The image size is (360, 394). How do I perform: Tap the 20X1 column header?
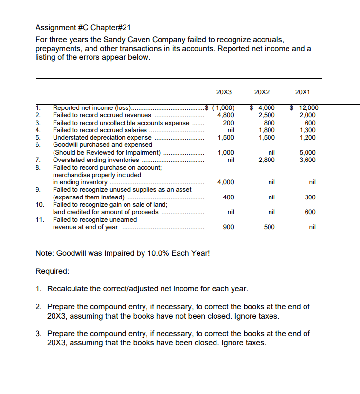tap(303, 92)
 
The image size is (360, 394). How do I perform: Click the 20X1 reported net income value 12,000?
tap(306, 108)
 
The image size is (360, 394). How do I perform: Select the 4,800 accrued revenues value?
tap(226, 115)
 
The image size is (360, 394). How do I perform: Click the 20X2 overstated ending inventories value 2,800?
tap(267, 160)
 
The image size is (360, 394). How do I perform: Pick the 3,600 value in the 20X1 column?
tap(308, 160)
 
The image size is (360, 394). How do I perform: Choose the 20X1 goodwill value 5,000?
tap(308, 152)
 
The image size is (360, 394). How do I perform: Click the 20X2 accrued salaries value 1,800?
tap(267, 130)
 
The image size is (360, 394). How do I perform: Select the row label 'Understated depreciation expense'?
tap(102, 137)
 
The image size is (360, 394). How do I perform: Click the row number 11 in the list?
tap(40, 219)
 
